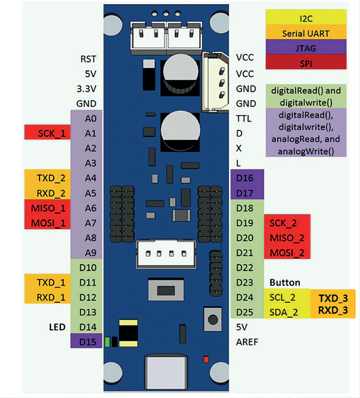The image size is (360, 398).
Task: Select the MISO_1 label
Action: tap(47, 208)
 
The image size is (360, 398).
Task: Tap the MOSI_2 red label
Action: tap(286, 253)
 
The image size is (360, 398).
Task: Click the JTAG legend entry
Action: tap(306, 48)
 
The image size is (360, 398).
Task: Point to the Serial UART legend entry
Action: tap(306, 33)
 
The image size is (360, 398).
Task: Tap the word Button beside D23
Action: tap(285, 283)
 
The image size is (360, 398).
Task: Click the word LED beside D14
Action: tap(57, 327)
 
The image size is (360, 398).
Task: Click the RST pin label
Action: tap(88, 59)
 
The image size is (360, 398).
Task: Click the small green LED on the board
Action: tap(107, 342)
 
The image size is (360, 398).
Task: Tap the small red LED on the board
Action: tap(206, 360)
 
